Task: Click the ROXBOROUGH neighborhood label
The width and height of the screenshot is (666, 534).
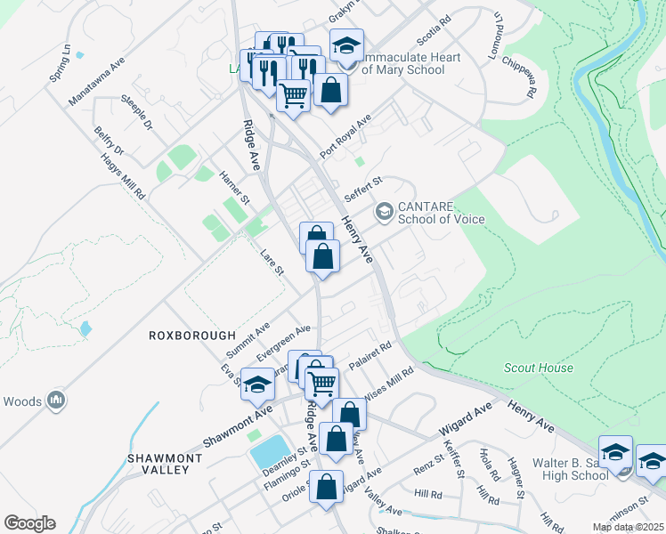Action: click(193, 336)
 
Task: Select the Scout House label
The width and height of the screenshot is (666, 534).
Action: click(539, 368)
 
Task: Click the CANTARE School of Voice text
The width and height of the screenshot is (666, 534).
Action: click(441, 213)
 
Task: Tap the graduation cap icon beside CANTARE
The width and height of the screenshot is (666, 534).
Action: click(385, 212)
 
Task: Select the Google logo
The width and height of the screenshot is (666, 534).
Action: click(29, 523)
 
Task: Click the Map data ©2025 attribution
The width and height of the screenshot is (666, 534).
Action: click(627, 527)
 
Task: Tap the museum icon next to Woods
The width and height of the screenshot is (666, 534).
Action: click(57, 401)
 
